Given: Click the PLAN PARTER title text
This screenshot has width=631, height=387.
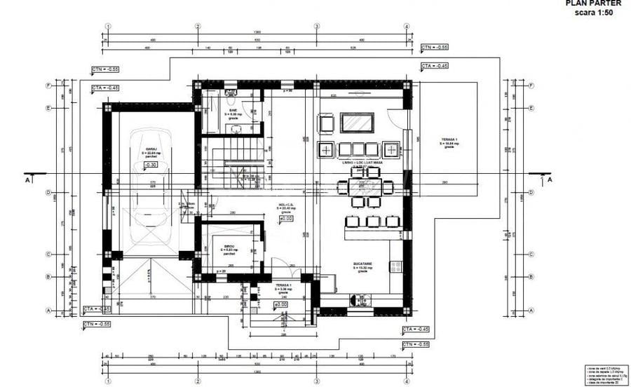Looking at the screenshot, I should (x=592, y=3).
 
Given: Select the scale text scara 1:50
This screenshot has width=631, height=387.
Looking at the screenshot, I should (x=594, y=13).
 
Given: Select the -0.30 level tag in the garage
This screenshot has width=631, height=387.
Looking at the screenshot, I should (x=150, y=165).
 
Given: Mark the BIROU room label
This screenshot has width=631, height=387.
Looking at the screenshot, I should (x=229, y=247).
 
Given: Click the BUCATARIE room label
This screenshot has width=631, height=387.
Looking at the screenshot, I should (x=363, y=265).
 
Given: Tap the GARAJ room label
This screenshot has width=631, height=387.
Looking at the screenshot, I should (x=150, y=149).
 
